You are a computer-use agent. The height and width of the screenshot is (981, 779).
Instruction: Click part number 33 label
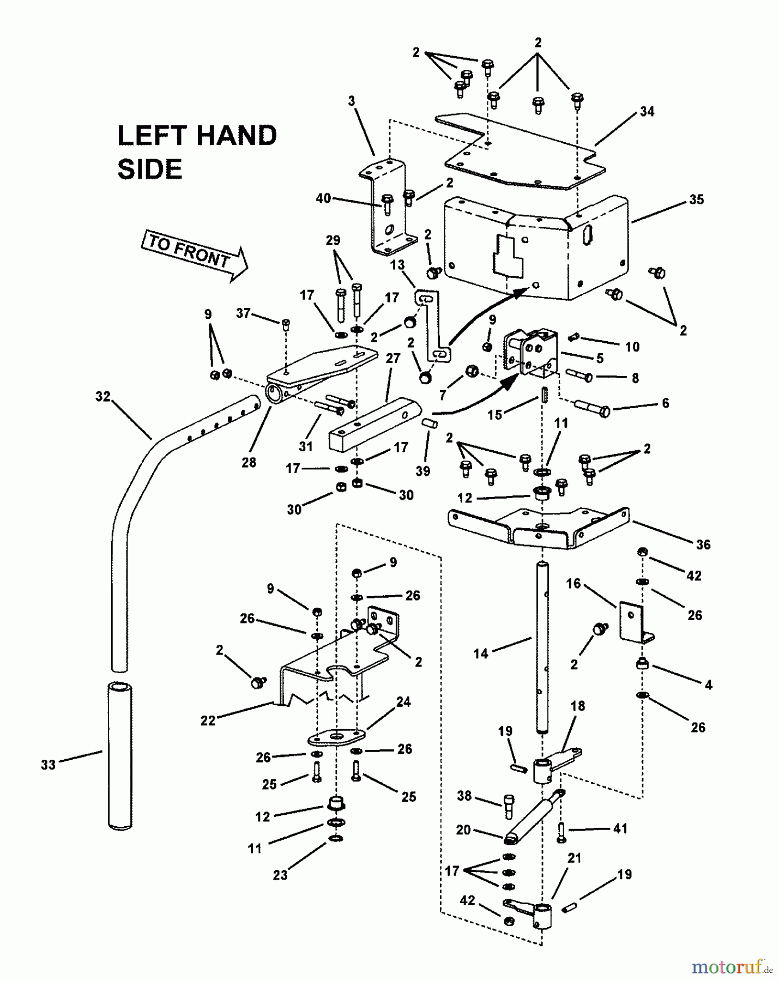[49, 765]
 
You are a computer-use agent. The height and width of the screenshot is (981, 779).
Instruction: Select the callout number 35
[696, 199]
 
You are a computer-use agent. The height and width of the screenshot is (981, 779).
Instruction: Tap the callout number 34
[647, 112]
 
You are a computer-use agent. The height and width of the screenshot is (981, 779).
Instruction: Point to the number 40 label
[323, 198]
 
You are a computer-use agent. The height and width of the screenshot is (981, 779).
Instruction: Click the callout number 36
[703, 544]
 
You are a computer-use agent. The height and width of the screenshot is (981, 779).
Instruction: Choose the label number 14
[481, 653]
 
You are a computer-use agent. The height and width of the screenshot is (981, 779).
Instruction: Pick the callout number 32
[103, 397]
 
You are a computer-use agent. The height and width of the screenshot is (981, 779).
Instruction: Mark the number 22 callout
[208, 720]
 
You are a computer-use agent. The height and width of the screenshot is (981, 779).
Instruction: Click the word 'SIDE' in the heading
[149, 169]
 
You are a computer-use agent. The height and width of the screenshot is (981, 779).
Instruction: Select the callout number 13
[397, 265]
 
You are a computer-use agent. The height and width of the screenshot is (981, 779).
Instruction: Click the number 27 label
[392, 359]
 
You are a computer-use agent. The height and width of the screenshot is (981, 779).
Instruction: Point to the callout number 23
[280, 875]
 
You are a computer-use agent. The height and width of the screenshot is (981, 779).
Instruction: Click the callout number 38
[464, 796]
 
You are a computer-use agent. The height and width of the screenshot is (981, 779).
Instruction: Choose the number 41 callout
[620, 828]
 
